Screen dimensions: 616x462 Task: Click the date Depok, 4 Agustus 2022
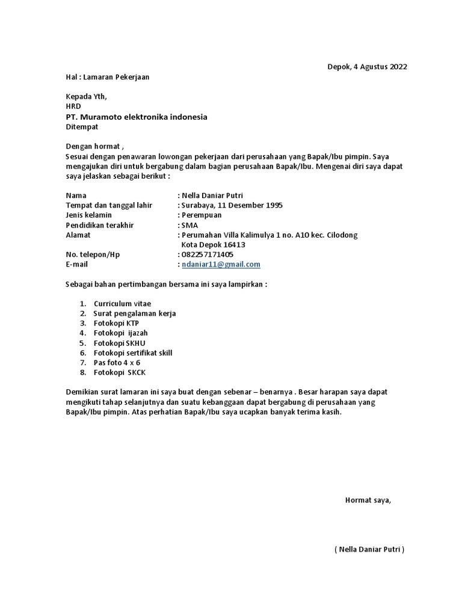click(367, 67)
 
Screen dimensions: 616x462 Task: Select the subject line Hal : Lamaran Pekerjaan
click(107, 77)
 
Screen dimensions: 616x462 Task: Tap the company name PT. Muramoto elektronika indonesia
click(136, 117)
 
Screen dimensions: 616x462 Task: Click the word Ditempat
click(81, 127)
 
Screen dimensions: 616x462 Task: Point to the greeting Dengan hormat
click(94, 147)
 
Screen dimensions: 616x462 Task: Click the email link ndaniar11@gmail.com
click(221, 265)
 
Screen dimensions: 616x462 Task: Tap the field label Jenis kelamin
click(88, 215)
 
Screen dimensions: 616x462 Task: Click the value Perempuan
click(202, 215)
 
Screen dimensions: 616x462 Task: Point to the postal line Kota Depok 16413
click(213, 245)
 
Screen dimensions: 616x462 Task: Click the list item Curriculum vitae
click(123, 304)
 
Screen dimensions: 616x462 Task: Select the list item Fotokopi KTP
click(116, 323)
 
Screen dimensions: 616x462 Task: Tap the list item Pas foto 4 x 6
click(116, 363)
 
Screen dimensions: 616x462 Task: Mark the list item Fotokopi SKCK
click(120, 372)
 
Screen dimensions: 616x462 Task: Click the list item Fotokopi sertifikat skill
click(133, 353)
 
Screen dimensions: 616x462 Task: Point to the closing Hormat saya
click(368, 500)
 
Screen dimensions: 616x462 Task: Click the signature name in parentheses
click(369, 549)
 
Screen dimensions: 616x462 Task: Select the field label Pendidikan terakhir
click(99, 225)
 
